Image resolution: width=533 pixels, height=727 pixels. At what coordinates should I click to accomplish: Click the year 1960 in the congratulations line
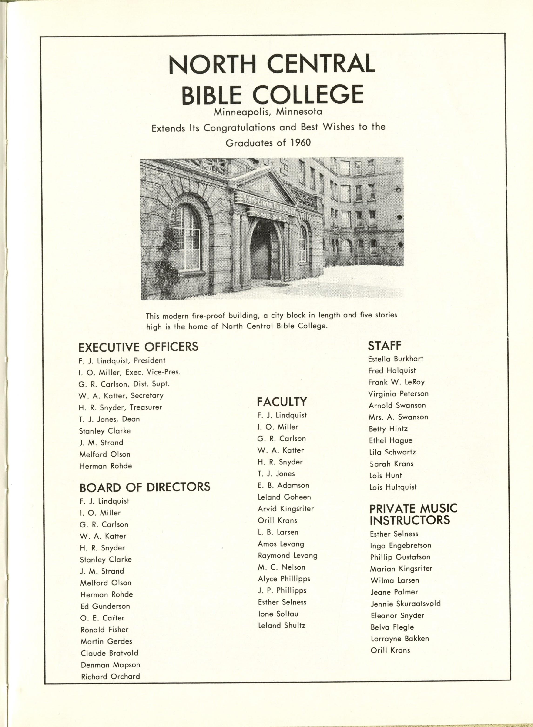[x=300, y=142]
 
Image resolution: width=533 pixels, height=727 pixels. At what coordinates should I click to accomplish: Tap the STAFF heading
[x=385, y=346]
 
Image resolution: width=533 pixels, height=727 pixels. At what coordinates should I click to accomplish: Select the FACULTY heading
[x=282, y=402]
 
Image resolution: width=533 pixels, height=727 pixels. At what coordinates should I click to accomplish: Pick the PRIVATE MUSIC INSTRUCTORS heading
[x=413, y=514]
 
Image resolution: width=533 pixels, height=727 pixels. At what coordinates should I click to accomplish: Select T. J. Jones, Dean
[x=109, y=419]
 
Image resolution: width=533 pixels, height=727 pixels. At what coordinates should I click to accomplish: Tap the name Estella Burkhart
[x=395, y=359]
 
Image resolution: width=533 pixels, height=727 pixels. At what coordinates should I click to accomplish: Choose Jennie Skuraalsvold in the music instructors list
[x=405, y=604]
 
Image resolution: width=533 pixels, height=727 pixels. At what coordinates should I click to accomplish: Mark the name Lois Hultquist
[x=393, y=487]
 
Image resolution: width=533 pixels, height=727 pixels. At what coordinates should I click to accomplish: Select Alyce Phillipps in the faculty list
[x=284, y=579]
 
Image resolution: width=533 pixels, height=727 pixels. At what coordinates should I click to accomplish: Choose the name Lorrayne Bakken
[x=399, y=639]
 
